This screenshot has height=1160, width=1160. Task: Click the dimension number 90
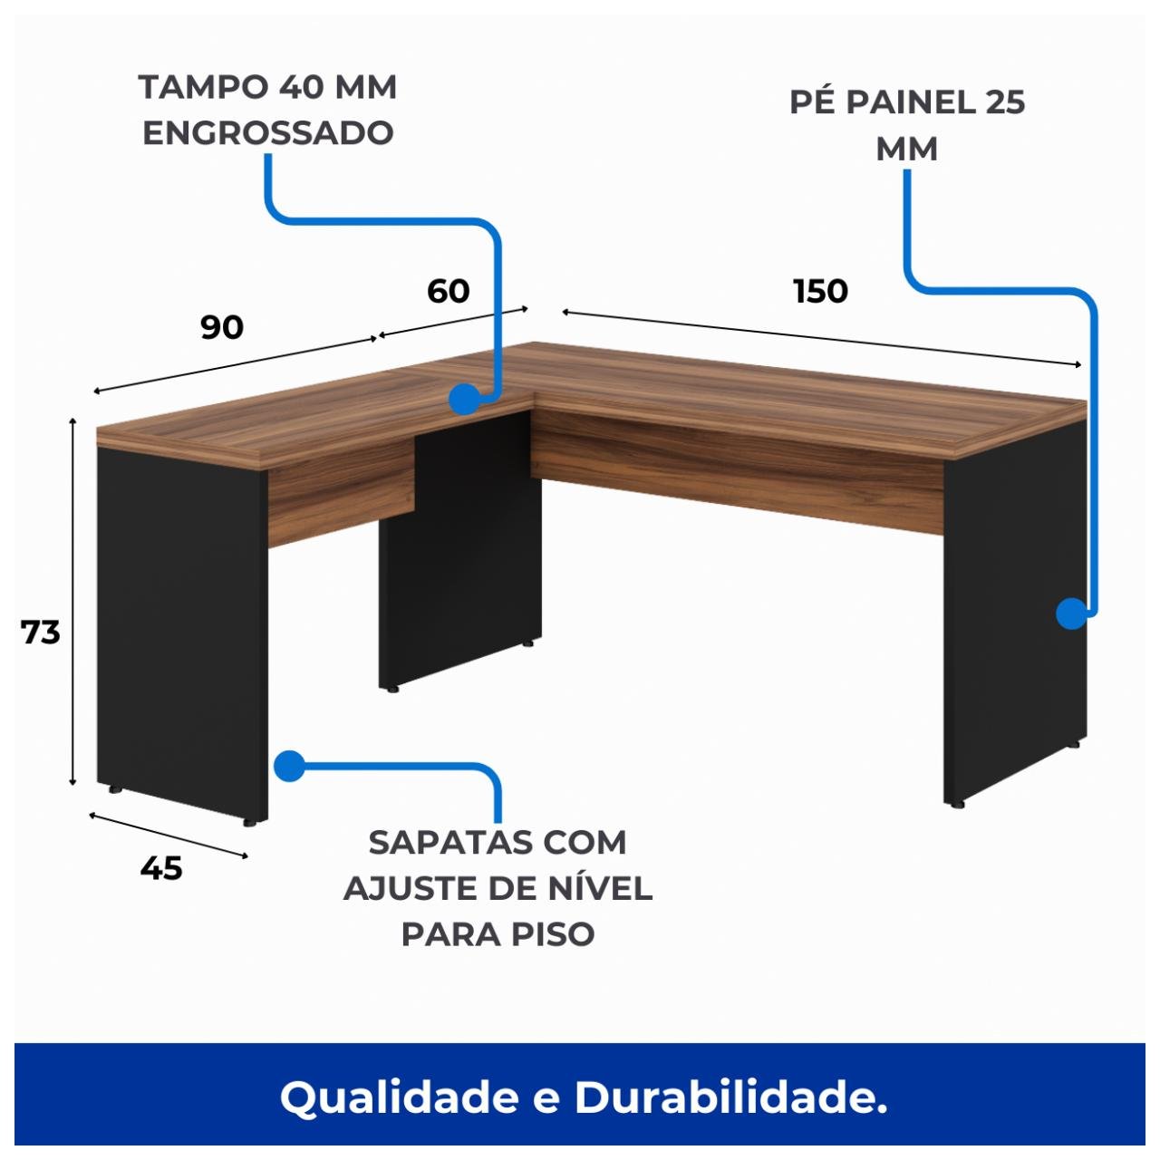click(x=222, y=327)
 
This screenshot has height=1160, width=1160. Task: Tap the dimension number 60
click(x=448, y=291)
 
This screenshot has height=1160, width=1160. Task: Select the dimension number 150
click(x=820, y=291)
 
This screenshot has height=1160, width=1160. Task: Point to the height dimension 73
click(x=40, y=632)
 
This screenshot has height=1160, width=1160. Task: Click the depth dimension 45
click(x=161, y=868)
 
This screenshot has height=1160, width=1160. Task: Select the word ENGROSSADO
click(x=268, y=133)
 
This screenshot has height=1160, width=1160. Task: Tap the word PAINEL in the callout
click(x=907, y=102)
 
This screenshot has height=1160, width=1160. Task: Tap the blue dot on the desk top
click(x=464, y=398)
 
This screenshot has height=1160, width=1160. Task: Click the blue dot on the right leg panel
click(x=1071, y=614)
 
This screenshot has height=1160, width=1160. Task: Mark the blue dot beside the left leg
click(x=287, y=766)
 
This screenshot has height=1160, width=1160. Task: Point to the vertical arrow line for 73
click(x=72, y=603)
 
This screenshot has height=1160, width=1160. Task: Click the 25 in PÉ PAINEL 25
click(x=1004, y=102)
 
